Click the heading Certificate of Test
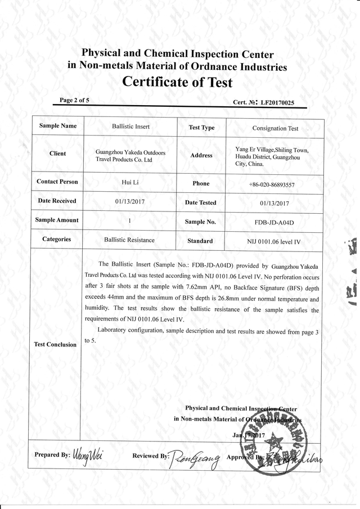pyautogui.click(x=177, y=82)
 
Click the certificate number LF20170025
pyautogui.click(x=274, y=103)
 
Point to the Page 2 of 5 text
pyautogui.click(x=74, y=100)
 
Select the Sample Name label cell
pyautogui.click(x=57, y=126)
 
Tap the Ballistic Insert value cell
pyautogui.click(x=130, y=127)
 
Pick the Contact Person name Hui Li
pyautogui.click(x=130, y=182)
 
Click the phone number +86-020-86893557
pyautogui.click(x=272, y=184)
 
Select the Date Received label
pyautogui.click(x=57, y=201)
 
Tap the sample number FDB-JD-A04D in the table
pyautogui.click(x=274, y=222)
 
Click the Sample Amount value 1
pyautogui.click(x=130, y=220)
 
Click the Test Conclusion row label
pyautogui.click(x=55, y=344)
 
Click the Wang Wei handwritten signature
pyautogui.click(x=88, y=454)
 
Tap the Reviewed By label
pyautogui.click(x=150, y=456)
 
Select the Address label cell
pyautogui.click(x=201, y=155)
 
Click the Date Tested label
pyautogui.click(x=200, y=202)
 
